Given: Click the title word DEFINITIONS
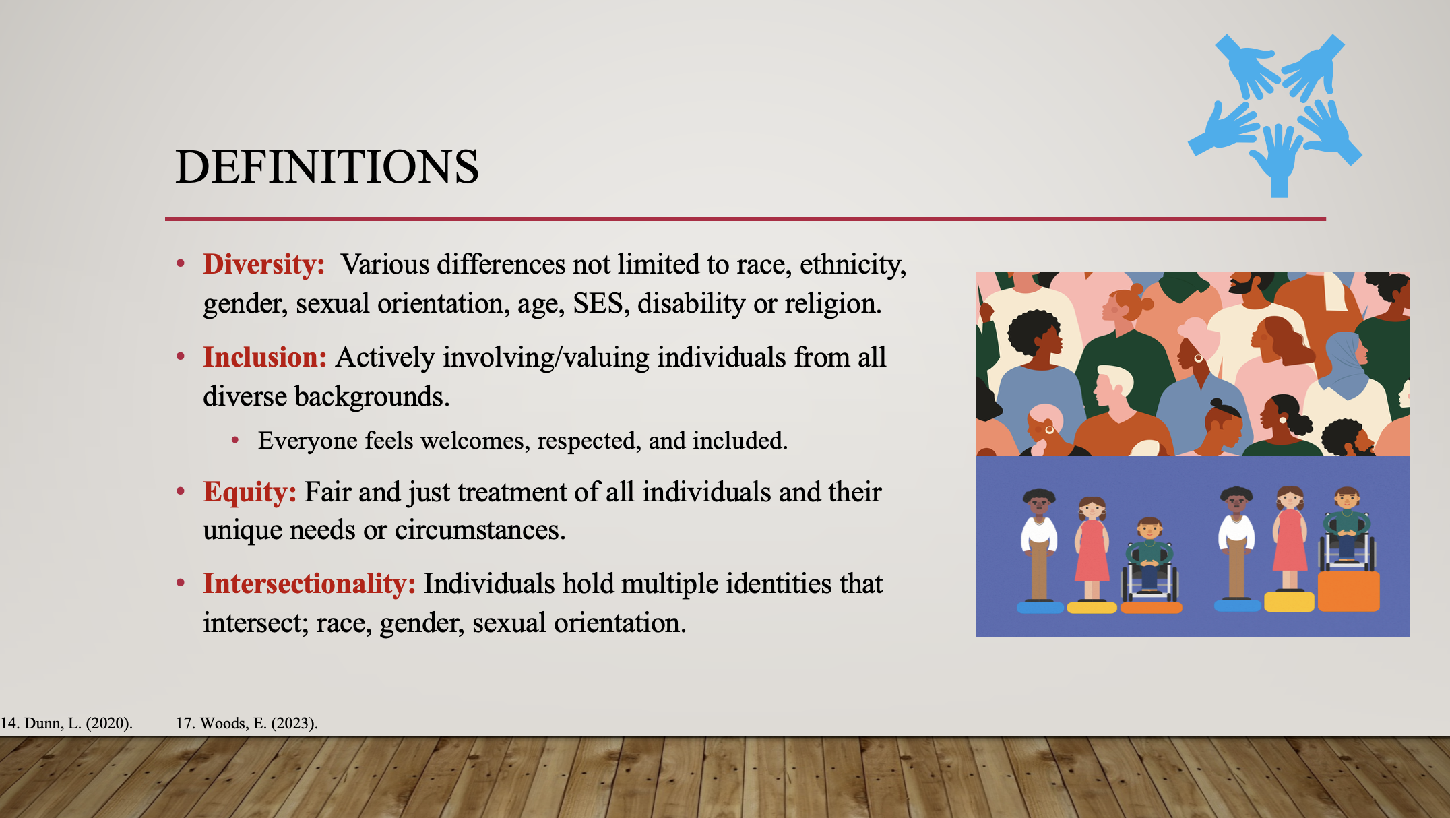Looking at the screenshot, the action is pyautogui.click(x=327, y=166).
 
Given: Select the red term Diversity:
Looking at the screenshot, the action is pyautogui.click(x=264, y=264).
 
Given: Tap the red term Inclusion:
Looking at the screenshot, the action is pyautogui.click(x=265, y=357).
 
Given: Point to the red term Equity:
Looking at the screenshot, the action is pyautogui.click(x=249, y=493).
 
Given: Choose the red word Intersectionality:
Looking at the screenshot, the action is pyautogui.click(x=309, y=584).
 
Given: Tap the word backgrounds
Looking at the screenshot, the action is pyautogui.click(x=372, y=397).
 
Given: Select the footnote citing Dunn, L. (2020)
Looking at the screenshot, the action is pyautogui.click(x=67, y=724).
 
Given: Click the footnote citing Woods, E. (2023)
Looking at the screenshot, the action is pyautogui.click(x=247, y=724).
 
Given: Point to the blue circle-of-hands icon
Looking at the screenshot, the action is pyautogui.click(x=1275, y=115).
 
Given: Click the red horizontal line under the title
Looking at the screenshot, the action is pyautogui.click(x=745, y=219).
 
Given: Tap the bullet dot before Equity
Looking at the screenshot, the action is pyautogui.click(x=181, y=491).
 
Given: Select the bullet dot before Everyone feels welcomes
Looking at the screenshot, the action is pyautogui.click(x=235, y=441).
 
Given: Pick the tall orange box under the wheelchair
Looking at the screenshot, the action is pyautogui.click(x=1348, y=592).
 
